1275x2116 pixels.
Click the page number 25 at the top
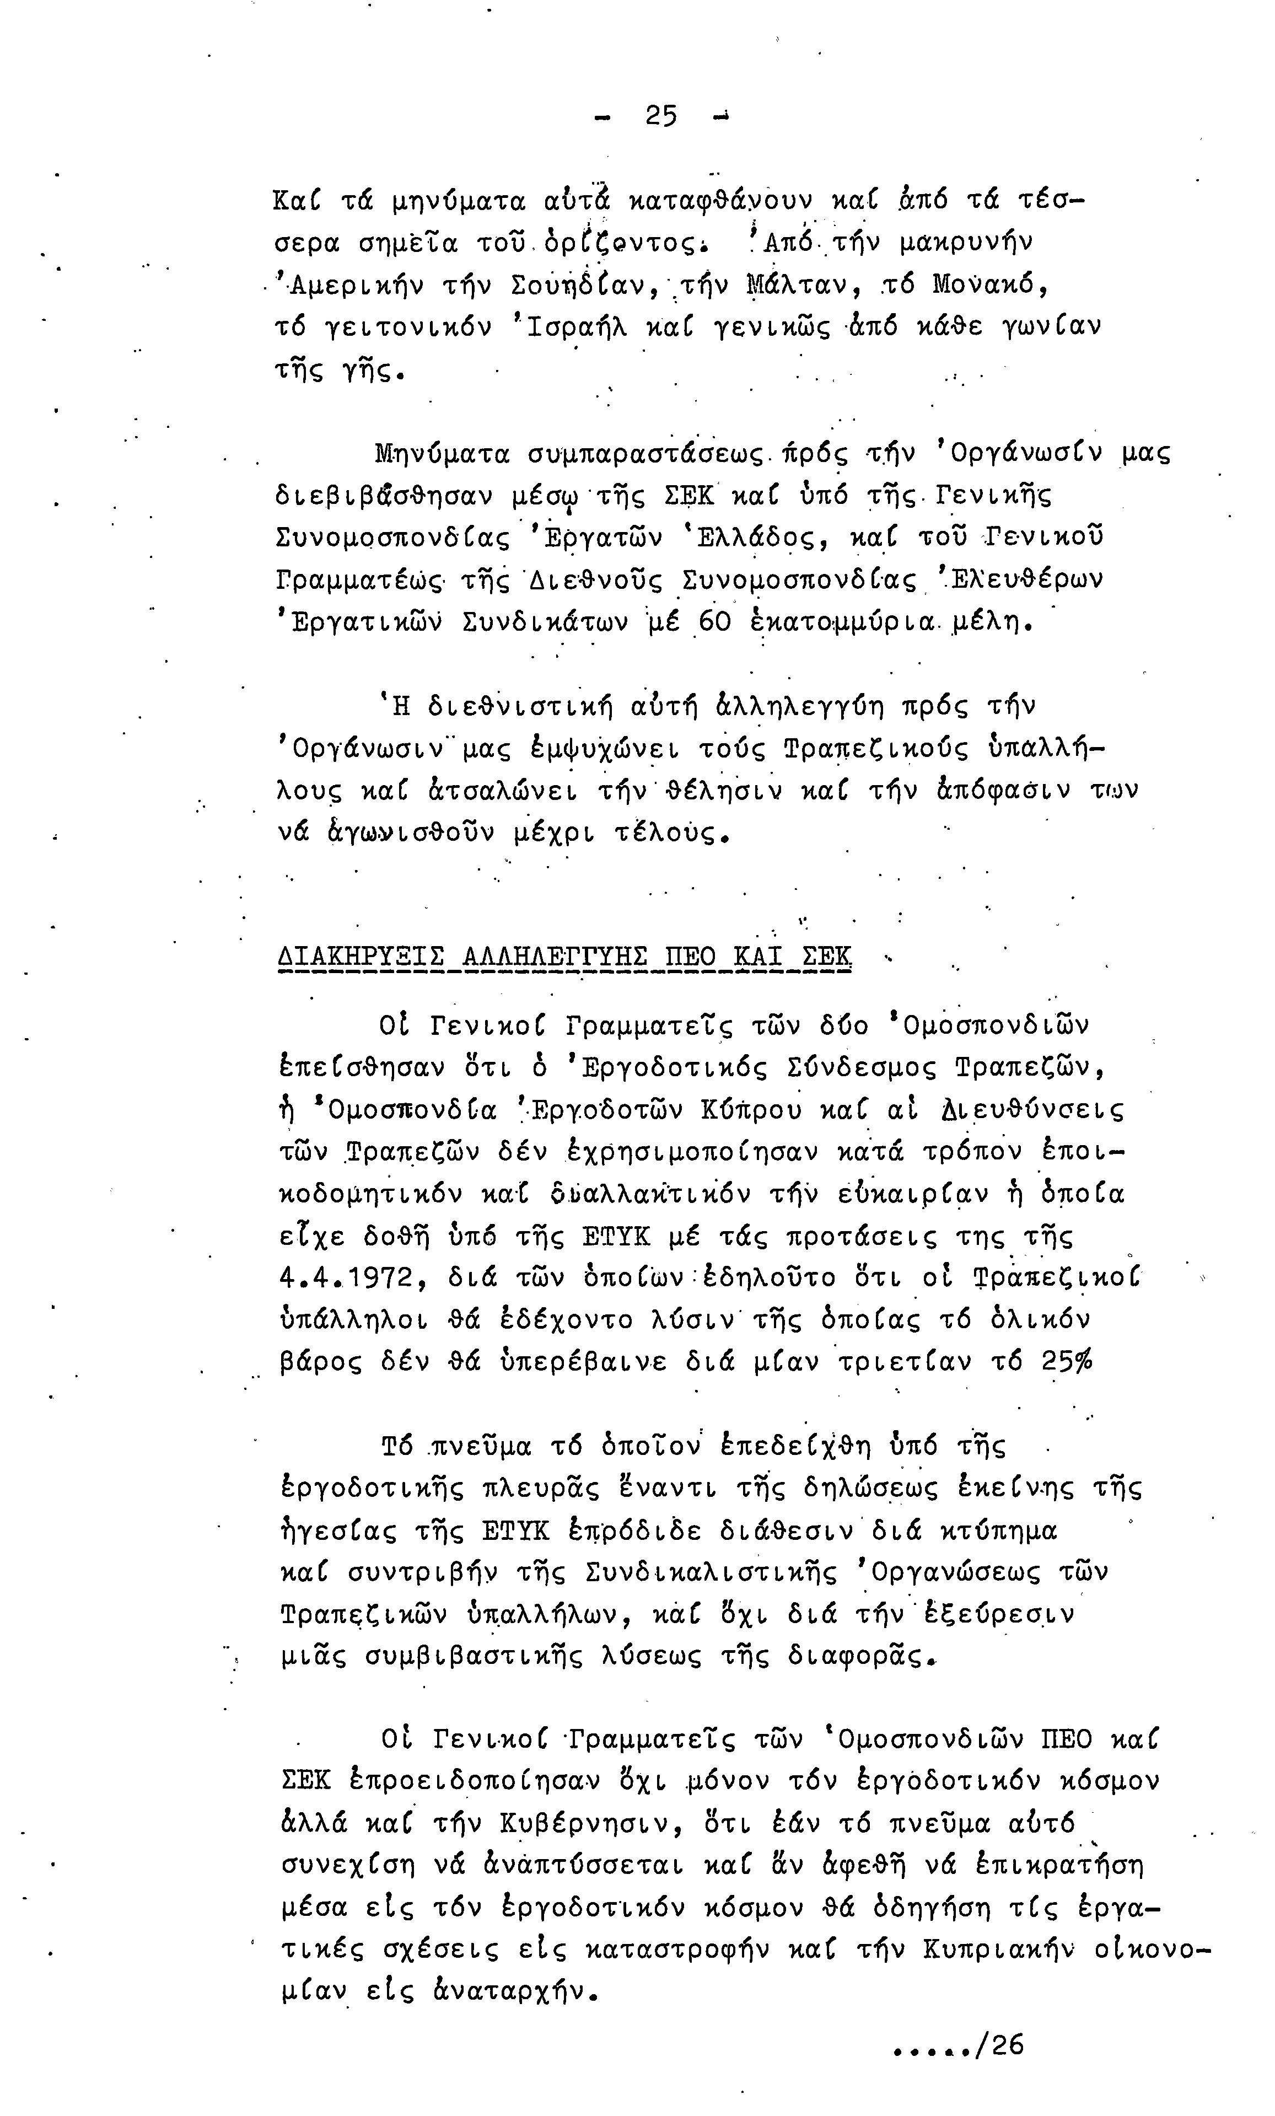(661, 115)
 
